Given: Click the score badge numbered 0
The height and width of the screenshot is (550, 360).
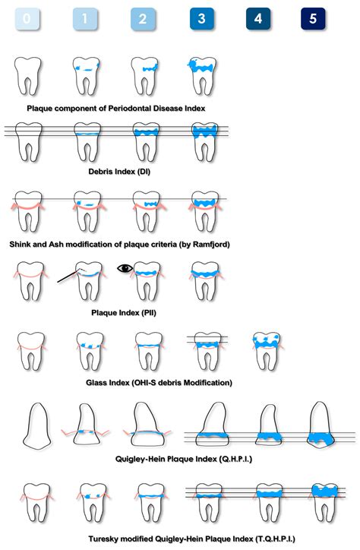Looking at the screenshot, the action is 27,18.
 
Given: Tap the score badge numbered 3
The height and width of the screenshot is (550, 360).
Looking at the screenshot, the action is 201,18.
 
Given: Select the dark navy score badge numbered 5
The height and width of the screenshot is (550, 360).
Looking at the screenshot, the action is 313,18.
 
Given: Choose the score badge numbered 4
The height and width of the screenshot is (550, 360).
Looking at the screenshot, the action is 258,18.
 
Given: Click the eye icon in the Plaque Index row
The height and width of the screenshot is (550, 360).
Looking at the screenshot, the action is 125,268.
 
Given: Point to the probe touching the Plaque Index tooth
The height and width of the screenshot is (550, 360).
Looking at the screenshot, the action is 69,276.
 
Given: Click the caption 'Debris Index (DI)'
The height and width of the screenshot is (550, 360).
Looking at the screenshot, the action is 119,172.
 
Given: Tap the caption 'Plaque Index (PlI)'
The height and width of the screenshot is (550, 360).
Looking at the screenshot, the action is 123,312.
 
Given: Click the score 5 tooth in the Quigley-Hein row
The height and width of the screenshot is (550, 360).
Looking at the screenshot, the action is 320,425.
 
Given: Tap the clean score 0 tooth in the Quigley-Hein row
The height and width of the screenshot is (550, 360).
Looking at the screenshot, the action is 36,425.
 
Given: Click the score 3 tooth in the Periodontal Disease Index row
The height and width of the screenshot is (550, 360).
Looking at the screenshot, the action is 203,76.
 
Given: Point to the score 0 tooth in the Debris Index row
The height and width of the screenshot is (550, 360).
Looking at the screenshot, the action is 28,142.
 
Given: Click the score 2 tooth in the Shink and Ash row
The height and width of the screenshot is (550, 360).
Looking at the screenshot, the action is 146,211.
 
